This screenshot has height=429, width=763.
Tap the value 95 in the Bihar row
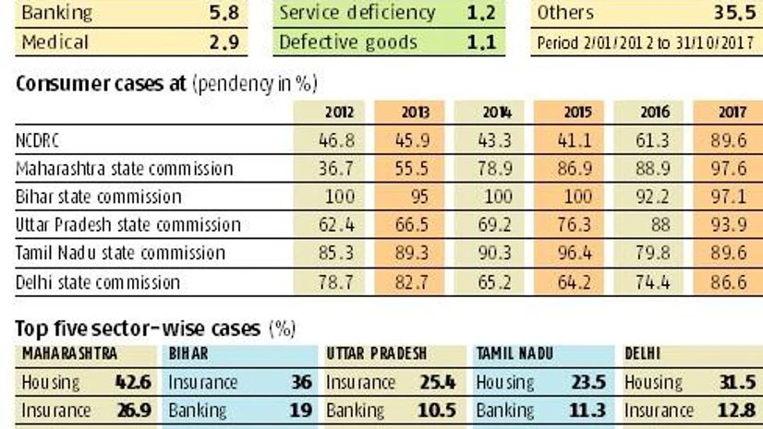click(x=411, y=197)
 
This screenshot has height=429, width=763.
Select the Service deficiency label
click(x=357, y=14)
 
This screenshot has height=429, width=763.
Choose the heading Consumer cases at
click(x=101, y=84)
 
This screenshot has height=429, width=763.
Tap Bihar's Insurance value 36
click(x=297, y=382)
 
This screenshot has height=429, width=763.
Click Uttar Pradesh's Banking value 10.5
click(x=446, y=410)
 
